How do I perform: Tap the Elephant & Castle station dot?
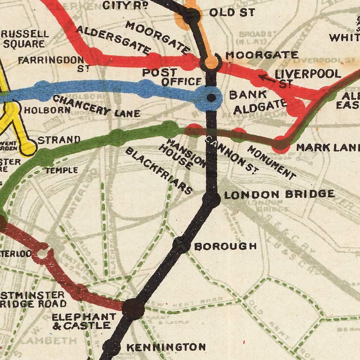(x=133, y=309)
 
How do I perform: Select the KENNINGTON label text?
(x=166, y=347)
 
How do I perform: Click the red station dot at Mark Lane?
(x=281, y=144)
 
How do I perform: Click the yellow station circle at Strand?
(x=28, y=147)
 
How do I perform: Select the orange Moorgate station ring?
(x=211, y=62)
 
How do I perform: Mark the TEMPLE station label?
(x=61, y=170)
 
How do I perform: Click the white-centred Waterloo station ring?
(x=41, y=254)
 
